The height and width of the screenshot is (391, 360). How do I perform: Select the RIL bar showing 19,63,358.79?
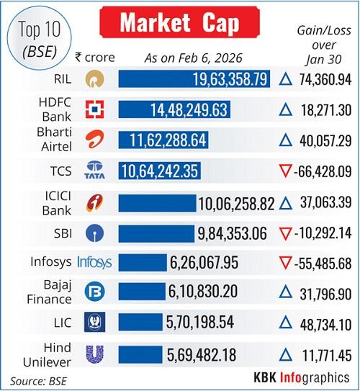coord(194,78)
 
